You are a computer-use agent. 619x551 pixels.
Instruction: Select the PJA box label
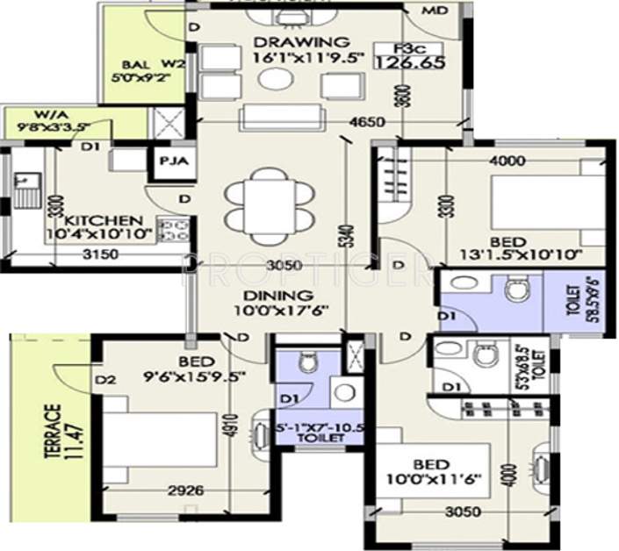point(169,162)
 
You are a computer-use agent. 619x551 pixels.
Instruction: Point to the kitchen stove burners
point(174,230)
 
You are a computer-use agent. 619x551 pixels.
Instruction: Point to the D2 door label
point(107,380)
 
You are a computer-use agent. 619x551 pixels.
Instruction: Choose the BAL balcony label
point(133,64)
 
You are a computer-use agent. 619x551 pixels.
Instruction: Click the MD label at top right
point(434,11)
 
